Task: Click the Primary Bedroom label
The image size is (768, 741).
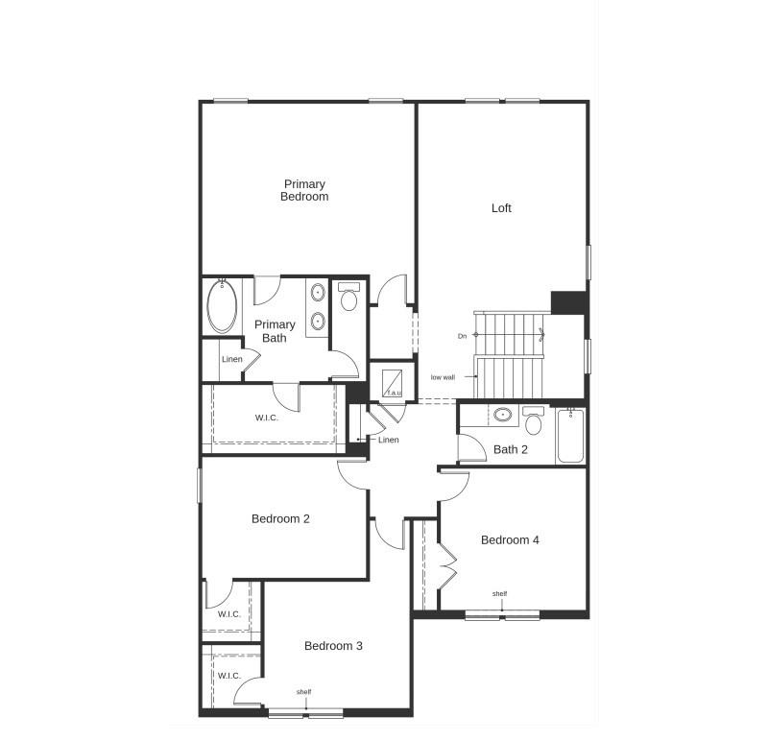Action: pos(304,190)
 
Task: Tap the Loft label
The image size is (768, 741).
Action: pos(501,207)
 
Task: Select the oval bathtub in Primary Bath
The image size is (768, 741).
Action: pos(222,305)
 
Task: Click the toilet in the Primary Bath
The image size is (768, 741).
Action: pos(348,299)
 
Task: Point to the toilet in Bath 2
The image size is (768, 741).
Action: pos(534,421)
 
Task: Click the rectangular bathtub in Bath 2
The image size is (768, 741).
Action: pos(570,436)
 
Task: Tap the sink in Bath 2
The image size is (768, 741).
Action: pos(503,416)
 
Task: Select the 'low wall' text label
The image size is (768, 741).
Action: pos(443,377)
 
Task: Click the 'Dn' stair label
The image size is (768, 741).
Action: pos(462,335)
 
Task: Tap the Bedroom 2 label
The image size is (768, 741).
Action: pos(280,519)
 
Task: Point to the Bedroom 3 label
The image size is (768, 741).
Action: pos(333,646)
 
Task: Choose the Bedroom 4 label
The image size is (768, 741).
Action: pos(510,540)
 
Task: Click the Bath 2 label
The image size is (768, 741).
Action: pos(511,449)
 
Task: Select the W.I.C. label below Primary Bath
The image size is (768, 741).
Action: pos(267,418)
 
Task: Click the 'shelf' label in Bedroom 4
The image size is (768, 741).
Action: pos(500,594)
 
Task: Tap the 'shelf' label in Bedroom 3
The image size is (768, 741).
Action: pos(303,692)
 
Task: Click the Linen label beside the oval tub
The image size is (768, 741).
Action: pos(231,360)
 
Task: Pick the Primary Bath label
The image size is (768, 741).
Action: pos(275,331)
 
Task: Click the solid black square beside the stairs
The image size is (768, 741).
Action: pos(568,301)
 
